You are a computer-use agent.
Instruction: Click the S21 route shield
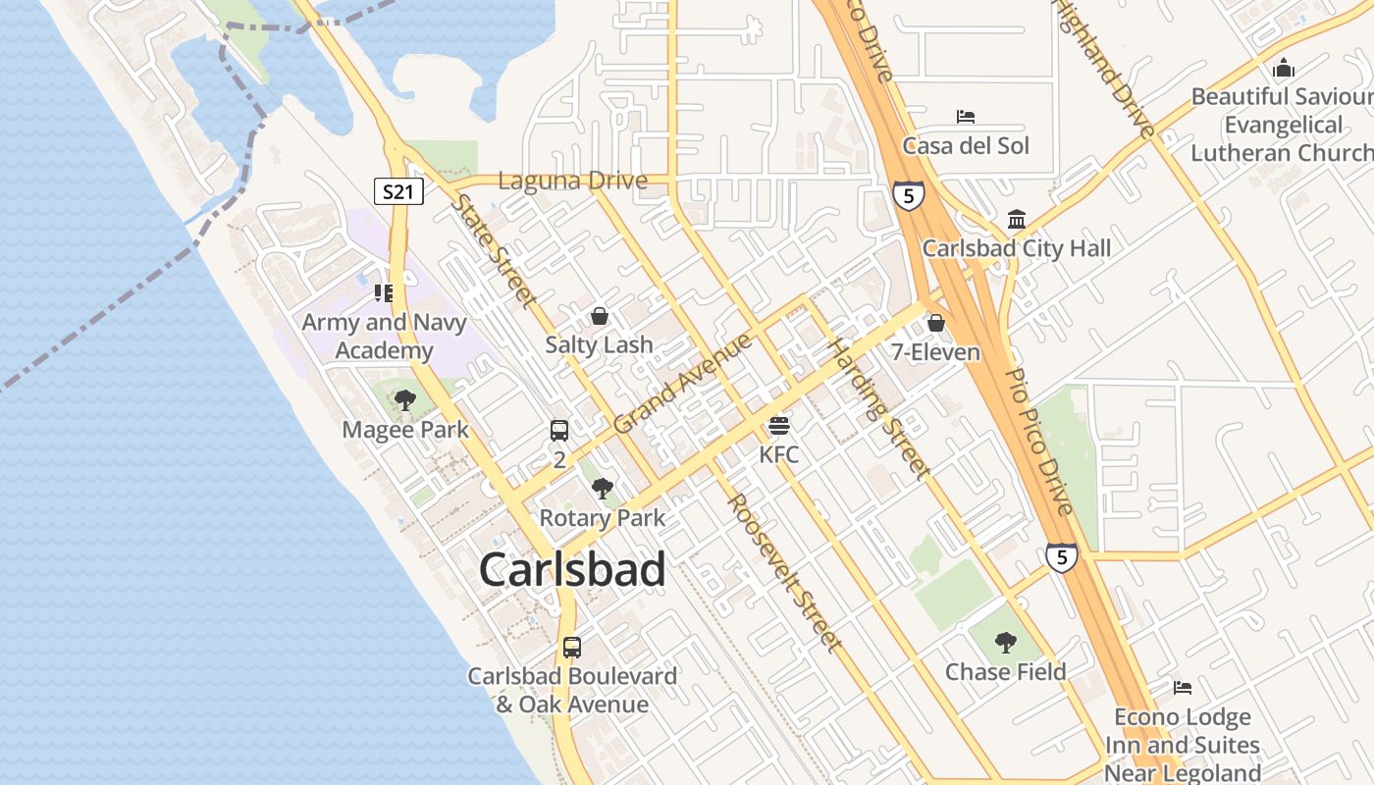click(398, 191)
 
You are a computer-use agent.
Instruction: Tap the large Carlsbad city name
click(572, 570)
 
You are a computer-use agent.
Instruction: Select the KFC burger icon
click(779, 425)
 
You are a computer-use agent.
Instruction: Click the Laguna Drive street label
click(573, 182)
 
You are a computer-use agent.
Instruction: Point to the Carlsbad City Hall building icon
click(1017, 219)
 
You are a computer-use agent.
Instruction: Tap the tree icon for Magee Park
click(404, 400)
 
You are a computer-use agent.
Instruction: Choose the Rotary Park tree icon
click(603, 489)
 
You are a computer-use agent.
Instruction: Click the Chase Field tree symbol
click(1005, 643)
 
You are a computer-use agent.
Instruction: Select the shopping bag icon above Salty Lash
click(599, 316)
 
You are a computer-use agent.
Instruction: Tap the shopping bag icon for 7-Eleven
click(935, 323)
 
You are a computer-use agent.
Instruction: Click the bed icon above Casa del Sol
click(966, 117)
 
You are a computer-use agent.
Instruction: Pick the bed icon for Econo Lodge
click(1183, 688)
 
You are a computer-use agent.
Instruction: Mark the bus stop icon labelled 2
click(558, 430)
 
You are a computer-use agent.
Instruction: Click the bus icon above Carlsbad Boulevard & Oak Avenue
click(571, 648)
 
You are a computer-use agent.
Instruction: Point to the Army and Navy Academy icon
click(383, 292)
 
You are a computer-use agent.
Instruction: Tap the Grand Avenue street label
click(683, 384)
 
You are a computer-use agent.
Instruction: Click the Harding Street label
click(878, 408)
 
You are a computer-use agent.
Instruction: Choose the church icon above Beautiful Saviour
click(1283, 69)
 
